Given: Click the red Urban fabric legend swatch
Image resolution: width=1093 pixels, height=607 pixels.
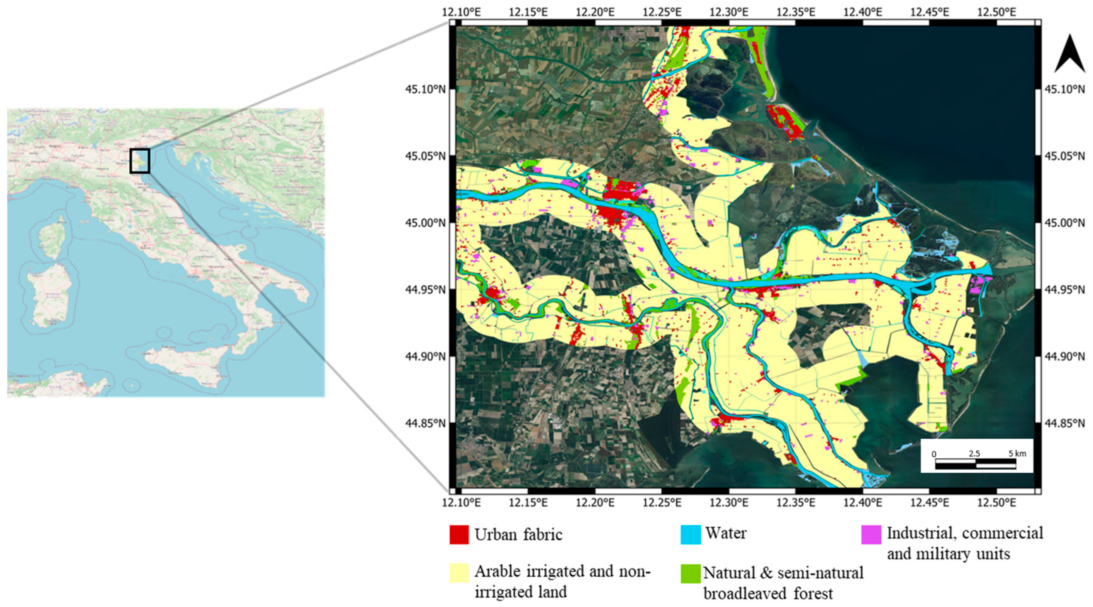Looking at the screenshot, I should tap(459, 534).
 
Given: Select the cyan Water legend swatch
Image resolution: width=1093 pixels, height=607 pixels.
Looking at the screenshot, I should tap(690, 534).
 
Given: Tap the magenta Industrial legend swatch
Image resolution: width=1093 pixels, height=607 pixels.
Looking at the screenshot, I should tap(871, 534).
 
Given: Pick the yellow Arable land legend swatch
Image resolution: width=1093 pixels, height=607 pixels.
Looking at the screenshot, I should tap(459, 573).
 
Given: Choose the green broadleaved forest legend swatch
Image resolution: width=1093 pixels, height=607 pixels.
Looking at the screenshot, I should tap(690, 574).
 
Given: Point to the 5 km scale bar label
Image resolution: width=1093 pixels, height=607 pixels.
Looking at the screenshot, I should tap(1017, 453).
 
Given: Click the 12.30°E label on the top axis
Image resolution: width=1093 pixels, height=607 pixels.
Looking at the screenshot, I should tap(729, 12).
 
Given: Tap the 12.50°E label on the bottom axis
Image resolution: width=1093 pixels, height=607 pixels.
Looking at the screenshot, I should tap(997, 503).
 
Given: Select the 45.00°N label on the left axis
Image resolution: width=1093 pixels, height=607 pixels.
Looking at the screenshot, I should tap(426, 223).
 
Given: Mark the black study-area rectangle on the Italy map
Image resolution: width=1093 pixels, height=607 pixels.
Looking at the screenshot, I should tap(140, 161).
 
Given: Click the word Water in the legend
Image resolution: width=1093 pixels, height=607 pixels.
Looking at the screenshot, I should tap(726, 533).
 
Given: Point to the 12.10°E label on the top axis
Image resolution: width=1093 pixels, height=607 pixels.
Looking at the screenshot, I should tap(461, 12).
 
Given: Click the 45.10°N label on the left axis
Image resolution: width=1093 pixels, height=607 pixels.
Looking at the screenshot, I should tap(426, 90).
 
